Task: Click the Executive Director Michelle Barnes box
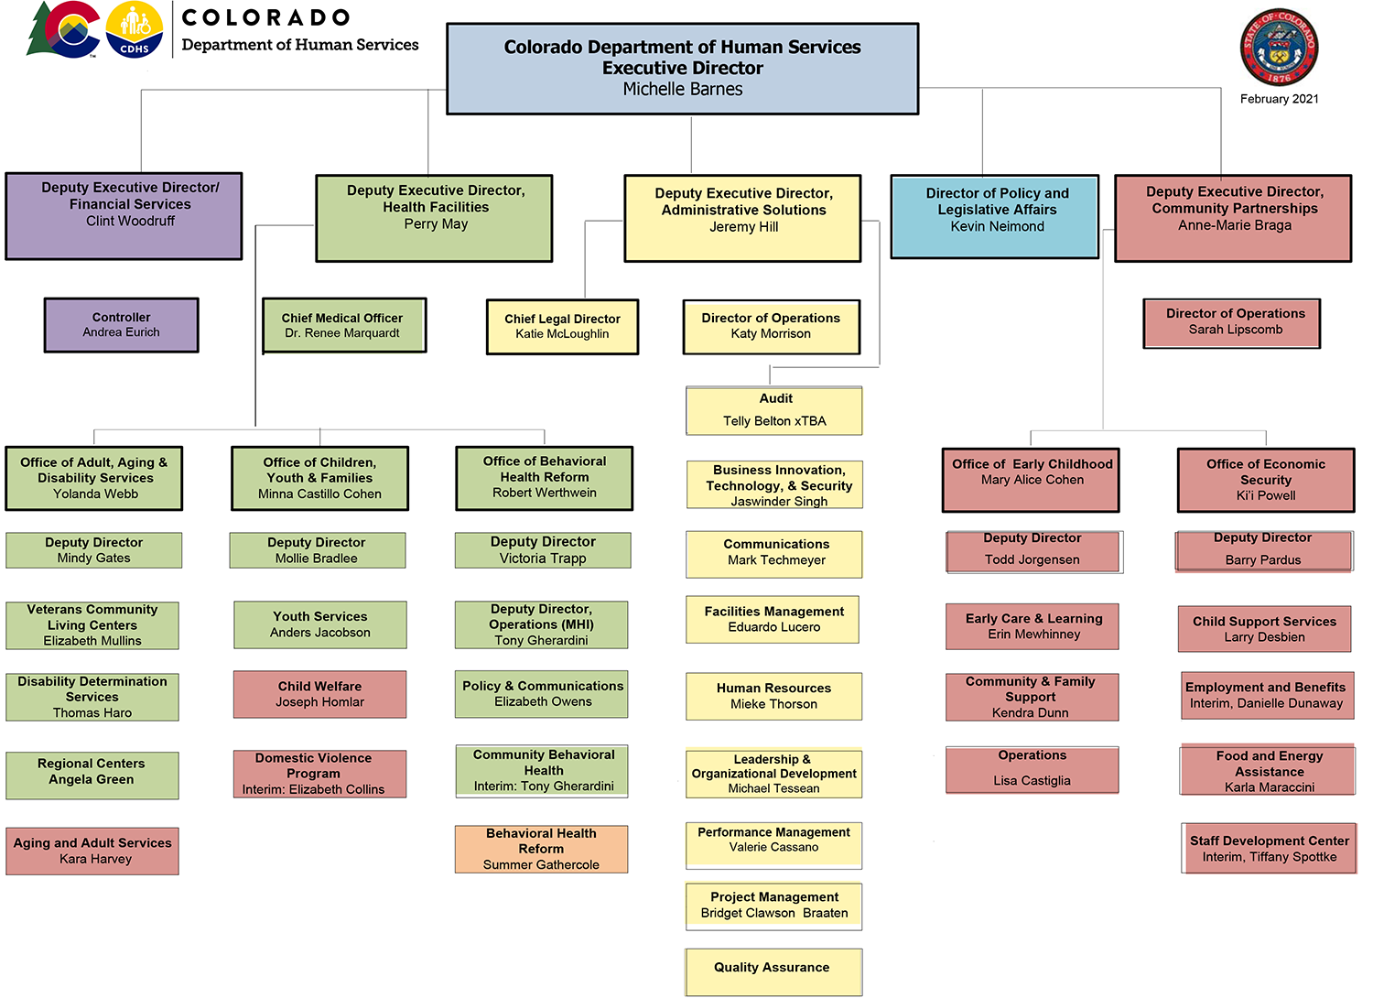coord(682,69)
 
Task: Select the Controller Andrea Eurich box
coord(121,325)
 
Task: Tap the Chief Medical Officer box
coord(343,325)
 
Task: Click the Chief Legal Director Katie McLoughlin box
coord(562,327)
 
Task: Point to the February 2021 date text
coord(1279,99)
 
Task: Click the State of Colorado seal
coord(1279,48)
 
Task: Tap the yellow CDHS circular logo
coord(135,29)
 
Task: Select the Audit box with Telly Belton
coord(774,410)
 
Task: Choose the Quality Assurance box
coord(773,972)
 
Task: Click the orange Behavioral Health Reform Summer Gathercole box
coord(541,849)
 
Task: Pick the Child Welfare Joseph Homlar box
coord(319,694)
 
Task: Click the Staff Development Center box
coord(1269,849)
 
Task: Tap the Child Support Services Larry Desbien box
coord(1264,629)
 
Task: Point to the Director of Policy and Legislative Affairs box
coord(995,217)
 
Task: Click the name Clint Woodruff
coord(130,221)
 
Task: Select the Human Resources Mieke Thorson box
coord(773,696)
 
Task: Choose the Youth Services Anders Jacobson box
coord(319,624)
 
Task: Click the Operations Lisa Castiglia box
coord(1032,769)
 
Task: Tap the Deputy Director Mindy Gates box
coord(93,550)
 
